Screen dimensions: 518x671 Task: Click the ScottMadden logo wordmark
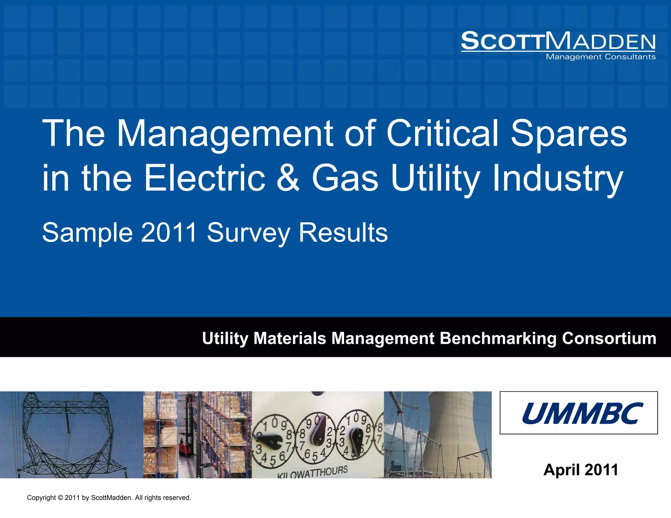tap(558, 41)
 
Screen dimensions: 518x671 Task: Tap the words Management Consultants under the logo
tap(600, 57)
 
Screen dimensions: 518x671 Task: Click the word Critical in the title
tap(442, 134)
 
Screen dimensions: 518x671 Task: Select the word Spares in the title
tap(569, 134)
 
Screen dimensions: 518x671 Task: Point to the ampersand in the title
tap(288, 178)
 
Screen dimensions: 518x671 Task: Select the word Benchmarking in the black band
tap(498, 338)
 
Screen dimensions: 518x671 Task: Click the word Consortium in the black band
tap(609, 338)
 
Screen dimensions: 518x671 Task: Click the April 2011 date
tap(581, 470)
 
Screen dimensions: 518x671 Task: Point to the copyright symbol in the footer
tap(60, 498)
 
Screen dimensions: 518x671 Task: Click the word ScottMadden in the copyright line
tap(111, 498)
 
